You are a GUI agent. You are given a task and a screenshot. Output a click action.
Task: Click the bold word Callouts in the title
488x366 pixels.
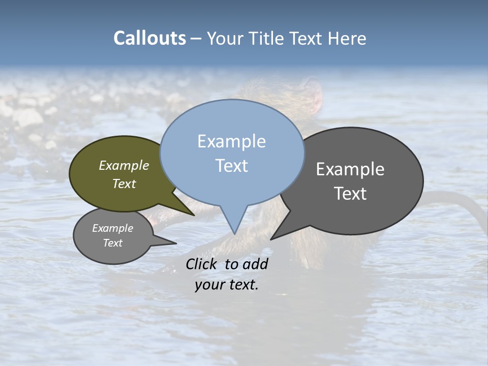[149, 38]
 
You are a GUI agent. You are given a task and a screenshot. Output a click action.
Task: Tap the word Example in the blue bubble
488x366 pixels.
[231, 141]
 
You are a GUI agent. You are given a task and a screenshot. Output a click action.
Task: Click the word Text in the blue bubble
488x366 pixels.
[231, 165]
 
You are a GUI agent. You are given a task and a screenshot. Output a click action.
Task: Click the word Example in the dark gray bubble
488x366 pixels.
[350, 169]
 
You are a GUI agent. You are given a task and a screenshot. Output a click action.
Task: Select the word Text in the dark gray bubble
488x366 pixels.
[350, 193]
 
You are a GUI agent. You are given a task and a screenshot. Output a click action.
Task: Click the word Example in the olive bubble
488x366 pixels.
[124, 165]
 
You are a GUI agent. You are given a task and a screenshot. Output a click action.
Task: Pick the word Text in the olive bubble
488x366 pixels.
[124, 184]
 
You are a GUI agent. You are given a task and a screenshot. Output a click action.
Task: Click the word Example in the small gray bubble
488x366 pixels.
[113, 228]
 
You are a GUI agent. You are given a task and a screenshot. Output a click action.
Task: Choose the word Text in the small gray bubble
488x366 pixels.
[113, 243]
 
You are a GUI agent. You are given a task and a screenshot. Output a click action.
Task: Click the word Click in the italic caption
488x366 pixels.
[202, 264]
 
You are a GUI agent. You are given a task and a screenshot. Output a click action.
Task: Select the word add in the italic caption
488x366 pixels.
[255, 264]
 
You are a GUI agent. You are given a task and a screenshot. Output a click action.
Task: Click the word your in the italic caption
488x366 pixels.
[209, 285]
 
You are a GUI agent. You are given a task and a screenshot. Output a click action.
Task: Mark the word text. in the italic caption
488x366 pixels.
[242, 285]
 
